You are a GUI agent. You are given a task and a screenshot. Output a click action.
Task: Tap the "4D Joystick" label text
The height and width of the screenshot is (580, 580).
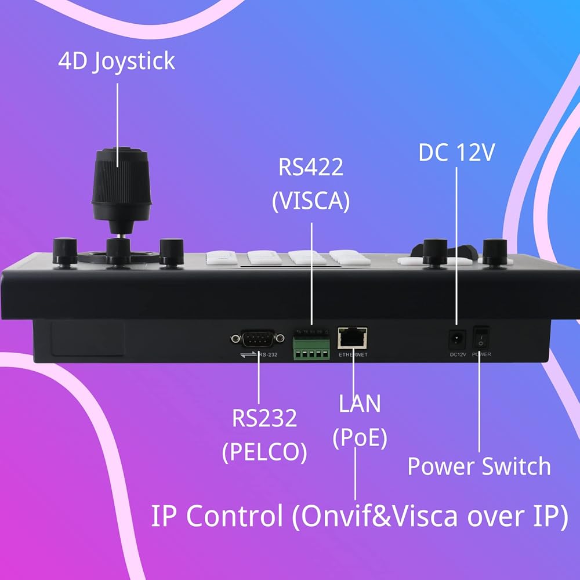pyautogui.click(x=116, y=61)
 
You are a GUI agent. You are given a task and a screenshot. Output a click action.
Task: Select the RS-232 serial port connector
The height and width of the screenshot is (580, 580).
pyautogui.click(x=252, y=338)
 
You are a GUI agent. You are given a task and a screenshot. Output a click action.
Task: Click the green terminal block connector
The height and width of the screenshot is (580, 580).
pyautogui.click(x=311, y=345)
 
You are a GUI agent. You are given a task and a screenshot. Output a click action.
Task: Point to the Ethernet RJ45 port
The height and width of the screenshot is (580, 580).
pyautogui.click(x=352, y=337)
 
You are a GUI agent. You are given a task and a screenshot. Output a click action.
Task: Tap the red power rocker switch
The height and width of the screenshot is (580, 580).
pyautogui.click(x=481, y=337)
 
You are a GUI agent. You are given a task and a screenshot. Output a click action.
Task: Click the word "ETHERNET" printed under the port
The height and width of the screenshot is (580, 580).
pyautogui.click(x=352, y=354)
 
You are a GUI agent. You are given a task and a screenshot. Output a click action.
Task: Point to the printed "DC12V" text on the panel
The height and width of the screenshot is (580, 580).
pyautogui.click(x=457, y=353)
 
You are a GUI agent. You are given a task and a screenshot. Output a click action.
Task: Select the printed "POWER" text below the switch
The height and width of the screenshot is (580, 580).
pyautogui.click(x=481, y=353)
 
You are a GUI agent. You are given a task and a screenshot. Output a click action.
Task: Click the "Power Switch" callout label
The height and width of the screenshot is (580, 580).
pyautogui.click(x=479, y=466)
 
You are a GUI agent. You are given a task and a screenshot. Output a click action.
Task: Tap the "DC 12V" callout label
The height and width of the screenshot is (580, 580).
pyautogui.click(x=456, y=153)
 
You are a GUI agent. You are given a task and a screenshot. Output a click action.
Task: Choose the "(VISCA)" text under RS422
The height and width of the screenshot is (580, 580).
pyautogui.click(x=311, y=201)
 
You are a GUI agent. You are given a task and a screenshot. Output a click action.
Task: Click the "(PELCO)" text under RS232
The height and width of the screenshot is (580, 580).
pyautogui.click(x=264, y=451)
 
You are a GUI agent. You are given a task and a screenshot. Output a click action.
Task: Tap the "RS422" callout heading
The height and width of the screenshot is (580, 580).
pyautogui.click(x=311, y=168)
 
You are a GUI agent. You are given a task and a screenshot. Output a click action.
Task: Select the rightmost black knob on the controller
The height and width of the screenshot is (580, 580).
pyautogui.click(x=494, y=251)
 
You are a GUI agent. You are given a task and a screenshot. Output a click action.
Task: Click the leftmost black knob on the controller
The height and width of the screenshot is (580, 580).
pyautogui.click(x=64, y=251)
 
